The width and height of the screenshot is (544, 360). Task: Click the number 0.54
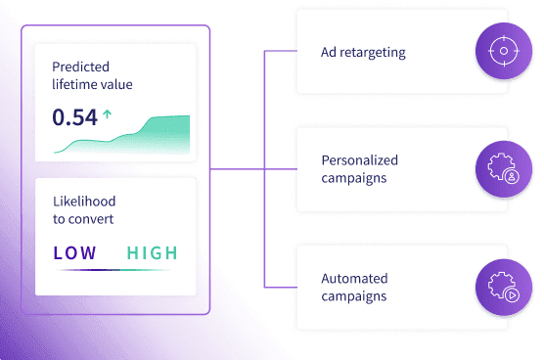click(74, 117)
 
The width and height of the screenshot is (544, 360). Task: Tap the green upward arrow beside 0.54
click(108, 114)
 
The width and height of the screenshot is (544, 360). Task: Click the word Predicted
click(80, 67)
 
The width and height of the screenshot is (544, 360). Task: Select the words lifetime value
click(92, 84)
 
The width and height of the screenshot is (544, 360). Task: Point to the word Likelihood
click(84, 202)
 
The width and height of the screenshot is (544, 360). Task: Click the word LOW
click(75, 252)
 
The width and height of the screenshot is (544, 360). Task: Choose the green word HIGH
click(153, 252)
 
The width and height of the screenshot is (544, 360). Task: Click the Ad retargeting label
click(363, 53)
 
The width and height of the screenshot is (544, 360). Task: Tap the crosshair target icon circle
click(504, 51)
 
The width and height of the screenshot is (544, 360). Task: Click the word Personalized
click(360, 160)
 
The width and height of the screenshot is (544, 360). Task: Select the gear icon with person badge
click(504, 169)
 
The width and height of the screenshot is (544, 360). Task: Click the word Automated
click(354, 279)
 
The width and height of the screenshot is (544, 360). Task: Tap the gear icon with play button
click(504, 288)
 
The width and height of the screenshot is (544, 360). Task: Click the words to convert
click(83, 219)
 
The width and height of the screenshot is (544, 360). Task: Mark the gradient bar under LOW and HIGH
click(113, 269)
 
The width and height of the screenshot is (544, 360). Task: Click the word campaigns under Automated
click(354, 296)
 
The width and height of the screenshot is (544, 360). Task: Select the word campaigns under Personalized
click(354, 178)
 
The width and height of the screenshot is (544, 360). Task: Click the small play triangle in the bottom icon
click(512, 295)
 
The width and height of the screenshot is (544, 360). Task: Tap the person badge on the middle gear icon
click(512, 177)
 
